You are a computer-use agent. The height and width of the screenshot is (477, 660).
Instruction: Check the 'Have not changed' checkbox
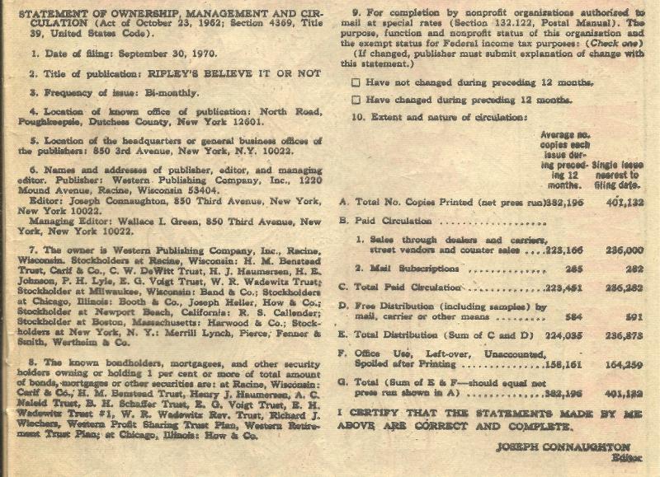pos(356,82)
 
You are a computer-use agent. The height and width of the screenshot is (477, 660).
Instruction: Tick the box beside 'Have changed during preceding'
pos(356,99)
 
